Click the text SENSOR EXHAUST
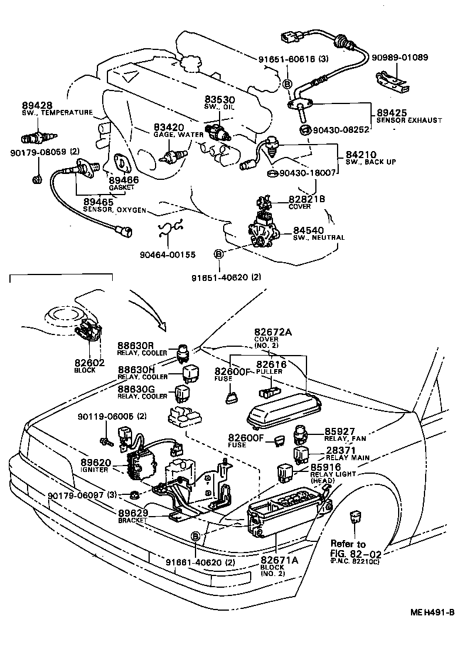(x=409, y=120)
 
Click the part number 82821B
(x=306, y=199)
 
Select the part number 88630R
(x=135, y=346)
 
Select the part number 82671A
(x=279, y=560)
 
